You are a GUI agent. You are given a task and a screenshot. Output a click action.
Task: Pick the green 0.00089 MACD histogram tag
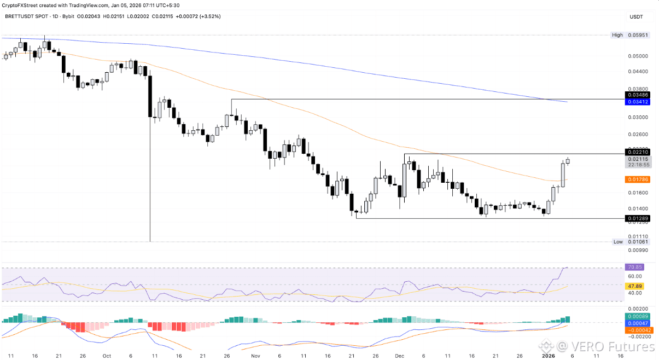pyautogui.click(x=634, y=317)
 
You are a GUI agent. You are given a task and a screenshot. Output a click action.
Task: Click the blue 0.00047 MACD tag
pyautogui.click(x=634, y=323)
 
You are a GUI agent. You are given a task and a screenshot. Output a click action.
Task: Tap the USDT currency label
pyautogui.click(x=636, y=18)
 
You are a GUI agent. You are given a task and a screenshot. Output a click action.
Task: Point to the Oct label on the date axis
pyautogui.click(x=107, y=355)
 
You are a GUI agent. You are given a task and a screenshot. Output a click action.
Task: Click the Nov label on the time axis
pyautogui.click(x=256, y=355)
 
